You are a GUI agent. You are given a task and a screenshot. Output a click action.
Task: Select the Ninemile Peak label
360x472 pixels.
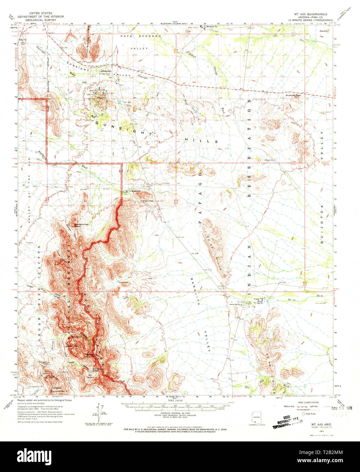pyautogui.click(x=294, y=95)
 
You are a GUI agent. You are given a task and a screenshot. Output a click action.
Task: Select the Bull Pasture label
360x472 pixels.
pyautogui.click(x=90, y=376)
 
